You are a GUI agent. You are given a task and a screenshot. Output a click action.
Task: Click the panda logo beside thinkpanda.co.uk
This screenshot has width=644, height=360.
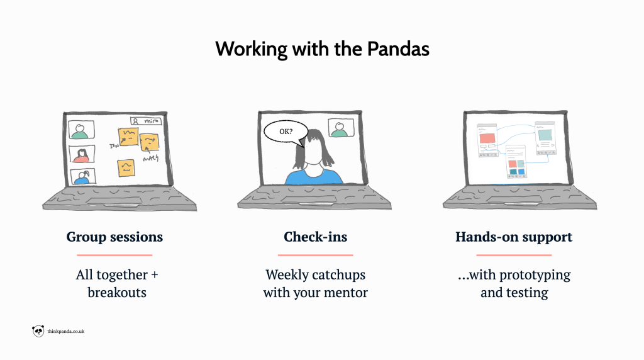tap(38, 331)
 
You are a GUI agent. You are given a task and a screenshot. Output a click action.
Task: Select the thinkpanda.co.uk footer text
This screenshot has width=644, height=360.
tap(66, 331)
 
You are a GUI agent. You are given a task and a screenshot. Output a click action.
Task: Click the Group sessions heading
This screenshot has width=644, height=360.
tap(114, 237)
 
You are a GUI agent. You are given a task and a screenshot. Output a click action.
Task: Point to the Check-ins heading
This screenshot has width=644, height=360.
tap(316, 237)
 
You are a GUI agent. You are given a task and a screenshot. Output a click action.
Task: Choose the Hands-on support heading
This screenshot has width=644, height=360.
tap(514, 237)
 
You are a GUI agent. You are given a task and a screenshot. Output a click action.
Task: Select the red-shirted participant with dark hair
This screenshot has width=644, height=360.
tap(81, 155)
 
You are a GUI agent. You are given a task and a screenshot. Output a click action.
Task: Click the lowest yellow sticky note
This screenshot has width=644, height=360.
tap(125, 167)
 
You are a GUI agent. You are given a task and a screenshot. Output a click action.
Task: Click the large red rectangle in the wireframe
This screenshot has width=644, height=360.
tap(487, 138)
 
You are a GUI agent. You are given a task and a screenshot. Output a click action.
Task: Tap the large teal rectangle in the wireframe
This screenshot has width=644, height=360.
tap(544, 135)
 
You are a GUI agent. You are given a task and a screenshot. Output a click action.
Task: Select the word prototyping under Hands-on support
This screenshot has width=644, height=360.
tap(539, 276)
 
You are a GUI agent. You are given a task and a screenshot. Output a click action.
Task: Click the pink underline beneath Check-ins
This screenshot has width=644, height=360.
tap(316, 255)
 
